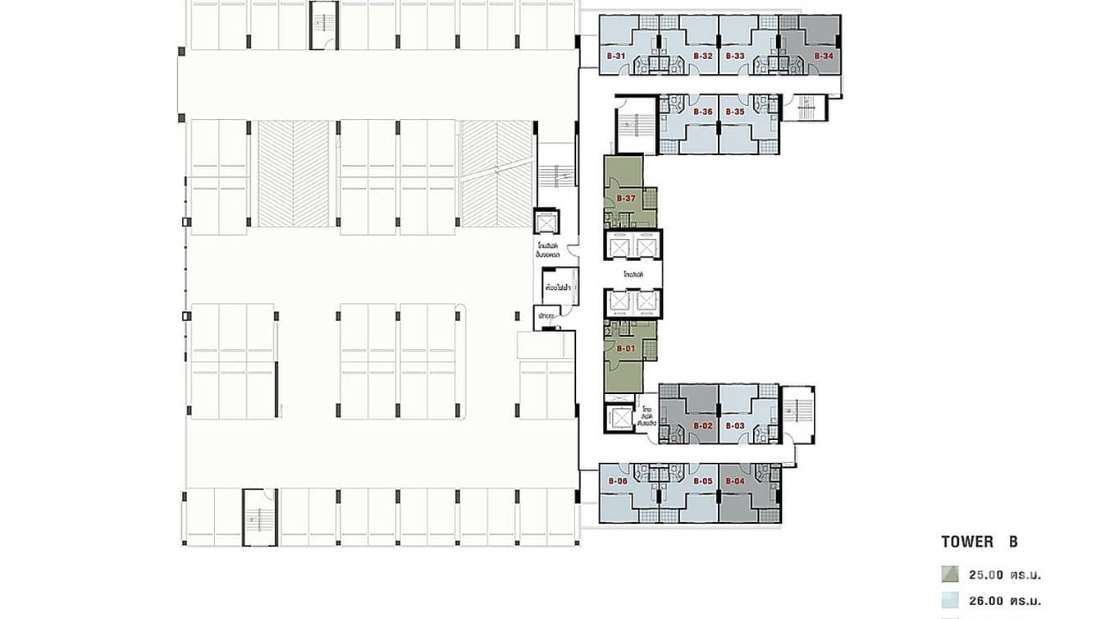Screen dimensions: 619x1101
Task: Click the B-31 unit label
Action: (x=616, y=56)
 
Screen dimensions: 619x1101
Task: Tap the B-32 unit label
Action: (x=702, y=56)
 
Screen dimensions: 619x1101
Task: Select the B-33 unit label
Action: (x=735, y=56)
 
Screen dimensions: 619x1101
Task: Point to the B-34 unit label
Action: (x=824, y=56)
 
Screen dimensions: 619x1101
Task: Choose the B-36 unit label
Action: (x=702, y=112)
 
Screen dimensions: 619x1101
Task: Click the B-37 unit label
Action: (x=626, y=199)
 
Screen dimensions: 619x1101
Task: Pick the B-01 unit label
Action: (x=626, y=349)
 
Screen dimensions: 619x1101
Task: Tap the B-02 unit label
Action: (x=702, y=426)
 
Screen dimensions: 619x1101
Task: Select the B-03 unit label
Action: (x=735, y=426)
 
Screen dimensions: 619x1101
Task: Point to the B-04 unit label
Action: (x=735, y=481)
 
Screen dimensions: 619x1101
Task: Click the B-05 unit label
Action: (x=702, y=481)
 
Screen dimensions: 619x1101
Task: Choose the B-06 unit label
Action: (x=617, y=481)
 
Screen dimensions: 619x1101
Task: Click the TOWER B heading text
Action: (x=980, y=542)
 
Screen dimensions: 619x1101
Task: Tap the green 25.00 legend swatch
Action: (x=950, y=575)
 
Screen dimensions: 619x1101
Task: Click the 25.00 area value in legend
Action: (x=995, y=575)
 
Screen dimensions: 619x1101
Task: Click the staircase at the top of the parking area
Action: (x=323, y=25)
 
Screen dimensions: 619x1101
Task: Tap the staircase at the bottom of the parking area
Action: (x=259, y=517)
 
